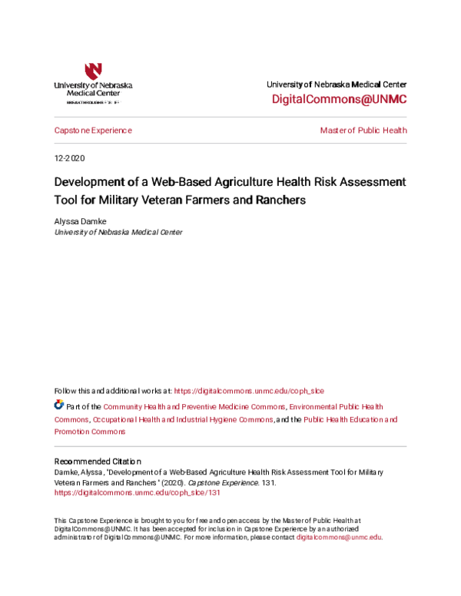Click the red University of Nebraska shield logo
tap(93, 71)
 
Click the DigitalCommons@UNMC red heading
tap(340, 100)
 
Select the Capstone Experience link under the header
tap(93, 131)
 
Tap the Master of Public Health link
tap(363, 131)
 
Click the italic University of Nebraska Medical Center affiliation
tap(118, 231)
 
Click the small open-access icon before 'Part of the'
tap(58, 404)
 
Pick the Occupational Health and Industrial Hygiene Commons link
tap(183, 419)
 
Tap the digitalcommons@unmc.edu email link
tap(338, 537)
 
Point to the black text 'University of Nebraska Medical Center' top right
tap(337, 84)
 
